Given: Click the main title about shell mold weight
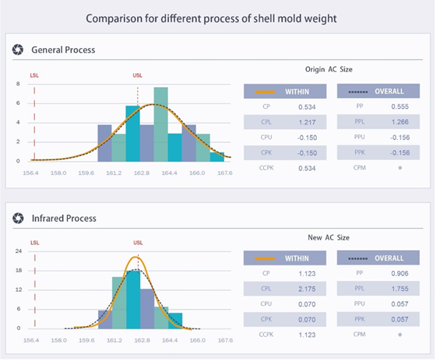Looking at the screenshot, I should click(x=212, y=18).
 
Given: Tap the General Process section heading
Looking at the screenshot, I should click(x=63, y=49).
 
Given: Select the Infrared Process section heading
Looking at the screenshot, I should click(x=64, y=218).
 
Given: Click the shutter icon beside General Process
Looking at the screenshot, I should click(x=18, y=49).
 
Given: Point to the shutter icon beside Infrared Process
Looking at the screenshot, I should click(x=18, y=218).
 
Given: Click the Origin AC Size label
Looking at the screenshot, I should click(x=329, y=69).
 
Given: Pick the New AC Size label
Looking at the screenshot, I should click(x=329, y=238).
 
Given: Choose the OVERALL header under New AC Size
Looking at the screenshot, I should click(x=378, y=259).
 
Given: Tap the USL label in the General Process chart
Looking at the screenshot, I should click(x=138, y=76).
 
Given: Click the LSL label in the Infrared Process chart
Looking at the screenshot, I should click(x=35, y=243).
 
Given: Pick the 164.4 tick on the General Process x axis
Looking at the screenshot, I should click(x=170, y=174).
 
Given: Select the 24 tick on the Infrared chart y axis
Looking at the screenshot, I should click(x=19, y=251).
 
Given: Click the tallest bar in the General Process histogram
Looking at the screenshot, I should click(x=161, y=123).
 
